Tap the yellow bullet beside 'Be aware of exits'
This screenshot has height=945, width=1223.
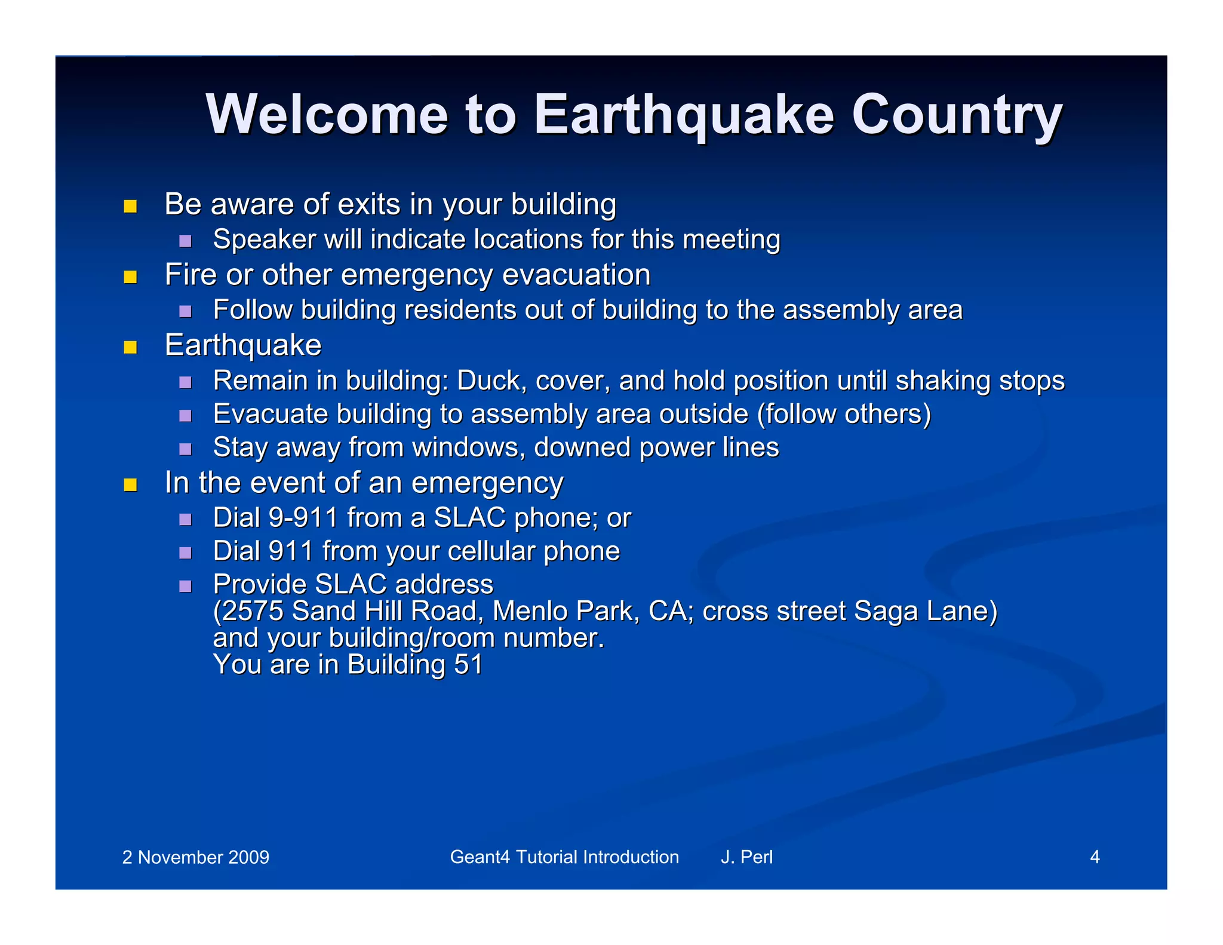[130, 207]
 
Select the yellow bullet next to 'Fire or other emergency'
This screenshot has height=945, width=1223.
[130, 277]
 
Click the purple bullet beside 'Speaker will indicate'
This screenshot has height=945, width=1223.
[185, 241]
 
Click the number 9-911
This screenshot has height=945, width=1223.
[303, 518]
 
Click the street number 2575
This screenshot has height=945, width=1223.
[251, 611]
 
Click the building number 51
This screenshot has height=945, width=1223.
[468, 665]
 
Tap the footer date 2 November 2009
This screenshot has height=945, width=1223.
[195, 857]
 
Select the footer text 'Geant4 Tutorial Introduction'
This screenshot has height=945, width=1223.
[564, 857]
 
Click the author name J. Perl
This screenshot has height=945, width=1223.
[746, 857]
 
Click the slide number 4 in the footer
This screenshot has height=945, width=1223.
[1095, 857]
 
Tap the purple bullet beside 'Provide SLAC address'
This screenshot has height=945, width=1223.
[185, 586]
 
